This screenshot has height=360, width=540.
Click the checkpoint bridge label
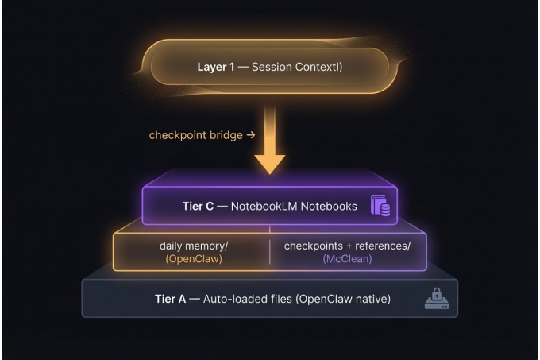pos(202,135)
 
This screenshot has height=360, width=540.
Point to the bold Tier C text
pos(199,207)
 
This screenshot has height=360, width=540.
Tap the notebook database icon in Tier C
pos(381,207)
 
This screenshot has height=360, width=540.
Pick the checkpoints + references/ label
pos(347,246)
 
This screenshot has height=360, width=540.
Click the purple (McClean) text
pos(347,259)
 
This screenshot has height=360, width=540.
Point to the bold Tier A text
pos(170,300)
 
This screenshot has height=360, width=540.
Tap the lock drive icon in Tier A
pos(435,300)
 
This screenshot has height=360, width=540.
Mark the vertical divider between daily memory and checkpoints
pos(270,252)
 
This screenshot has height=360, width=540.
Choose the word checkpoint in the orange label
pos(177,135)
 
